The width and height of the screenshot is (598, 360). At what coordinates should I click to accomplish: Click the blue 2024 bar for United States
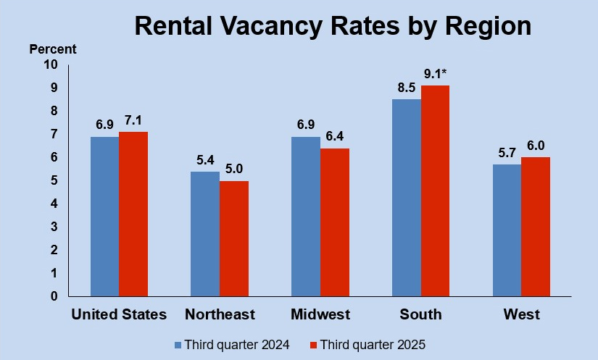click(x=104, y=216)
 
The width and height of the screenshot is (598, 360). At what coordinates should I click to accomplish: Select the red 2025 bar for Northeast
click(x=233, y=238)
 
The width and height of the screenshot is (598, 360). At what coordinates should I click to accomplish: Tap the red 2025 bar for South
click(x=435, y=191)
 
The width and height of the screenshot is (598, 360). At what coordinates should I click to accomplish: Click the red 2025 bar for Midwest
click(x=334, y=222)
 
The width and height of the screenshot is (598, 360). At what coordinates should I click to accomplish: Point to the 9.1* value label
click(x=436, y=74)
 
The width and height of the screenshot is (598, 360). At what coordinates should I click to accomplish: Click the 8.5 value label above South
click(x=406, y=88)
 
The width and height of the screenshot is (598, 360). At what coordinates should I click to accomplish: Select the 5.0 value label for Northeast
click(x=233, y=169)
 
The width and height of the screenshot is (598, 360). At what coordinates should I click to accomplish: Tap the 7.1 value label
click(x=133, y=120)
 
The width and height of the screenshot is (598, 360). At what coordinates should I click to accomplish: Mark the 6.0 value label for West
click(x=536, y=146)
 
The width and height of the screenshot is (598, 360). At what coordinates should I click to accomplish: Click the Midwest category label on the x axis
click(x=320, y=314)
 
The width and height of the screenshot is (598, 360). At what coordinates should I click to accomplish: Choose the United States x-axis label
click(x=119, y=314)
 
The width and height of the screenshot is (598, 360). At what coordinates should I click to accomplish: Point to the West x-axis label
click(x=522, y=314)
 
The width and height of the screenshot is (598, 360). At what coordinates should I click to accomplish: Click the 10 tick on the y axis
click(x=50, y=64)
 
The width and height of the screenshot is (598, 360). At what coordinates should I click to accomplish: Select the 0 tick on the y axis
click(x=54, y=296)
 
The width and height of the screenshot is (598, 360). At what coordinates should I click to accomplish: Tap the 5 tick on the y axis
click(x=54, y=180)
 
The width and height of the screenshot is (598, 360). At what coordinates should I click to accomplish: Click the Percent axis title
click(x=52, y=49)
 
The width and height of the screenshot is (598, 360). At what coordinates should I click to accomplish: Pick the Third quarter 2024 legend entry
click(x=232, y=344)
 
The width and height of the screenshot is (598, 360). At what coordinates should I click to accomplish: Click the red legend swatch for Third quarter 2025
click(x=313, y=344)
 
